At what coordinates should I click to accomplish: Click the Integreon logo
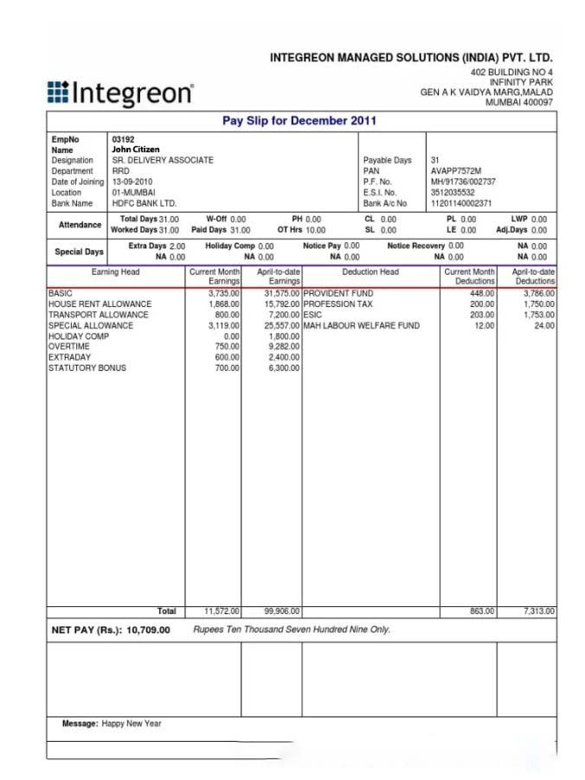tap(120, 93)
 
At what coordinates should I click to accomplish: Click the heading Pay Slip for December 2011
tap(299, 121)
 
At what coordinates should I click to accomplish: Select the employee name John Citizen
tap(136, 150)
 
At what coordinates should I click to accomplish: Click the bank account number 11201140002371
tap(461, 203)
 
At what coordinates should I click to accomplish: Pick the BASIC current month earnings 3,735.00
tap(223, 294)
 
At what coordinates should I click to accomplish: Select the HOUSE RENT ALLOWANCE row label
tap(100, 304)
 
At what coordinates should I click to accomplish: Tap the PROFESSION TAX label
tap(338, 304)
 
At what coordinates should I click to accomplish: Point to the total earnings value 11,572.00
tap(222, 611)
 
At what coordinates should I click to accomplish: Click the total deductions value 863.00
tap(482, 611)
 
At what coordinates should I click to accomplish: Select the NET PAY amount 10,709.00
tap(148, 630)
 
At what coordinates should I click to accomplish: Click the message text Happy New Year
tap(132, 724)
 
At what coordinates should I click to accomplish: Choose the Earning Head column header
tap(115, 272)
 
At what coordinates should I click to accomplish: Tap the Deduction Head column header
tap(370, 272)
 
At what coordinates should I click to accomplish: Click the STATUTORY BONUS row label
tap(87, 368)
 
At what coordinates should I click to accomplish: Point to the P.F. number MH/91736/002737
tap(463, 182)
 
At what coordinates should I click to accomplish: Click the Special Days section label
tap(80, 252)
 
